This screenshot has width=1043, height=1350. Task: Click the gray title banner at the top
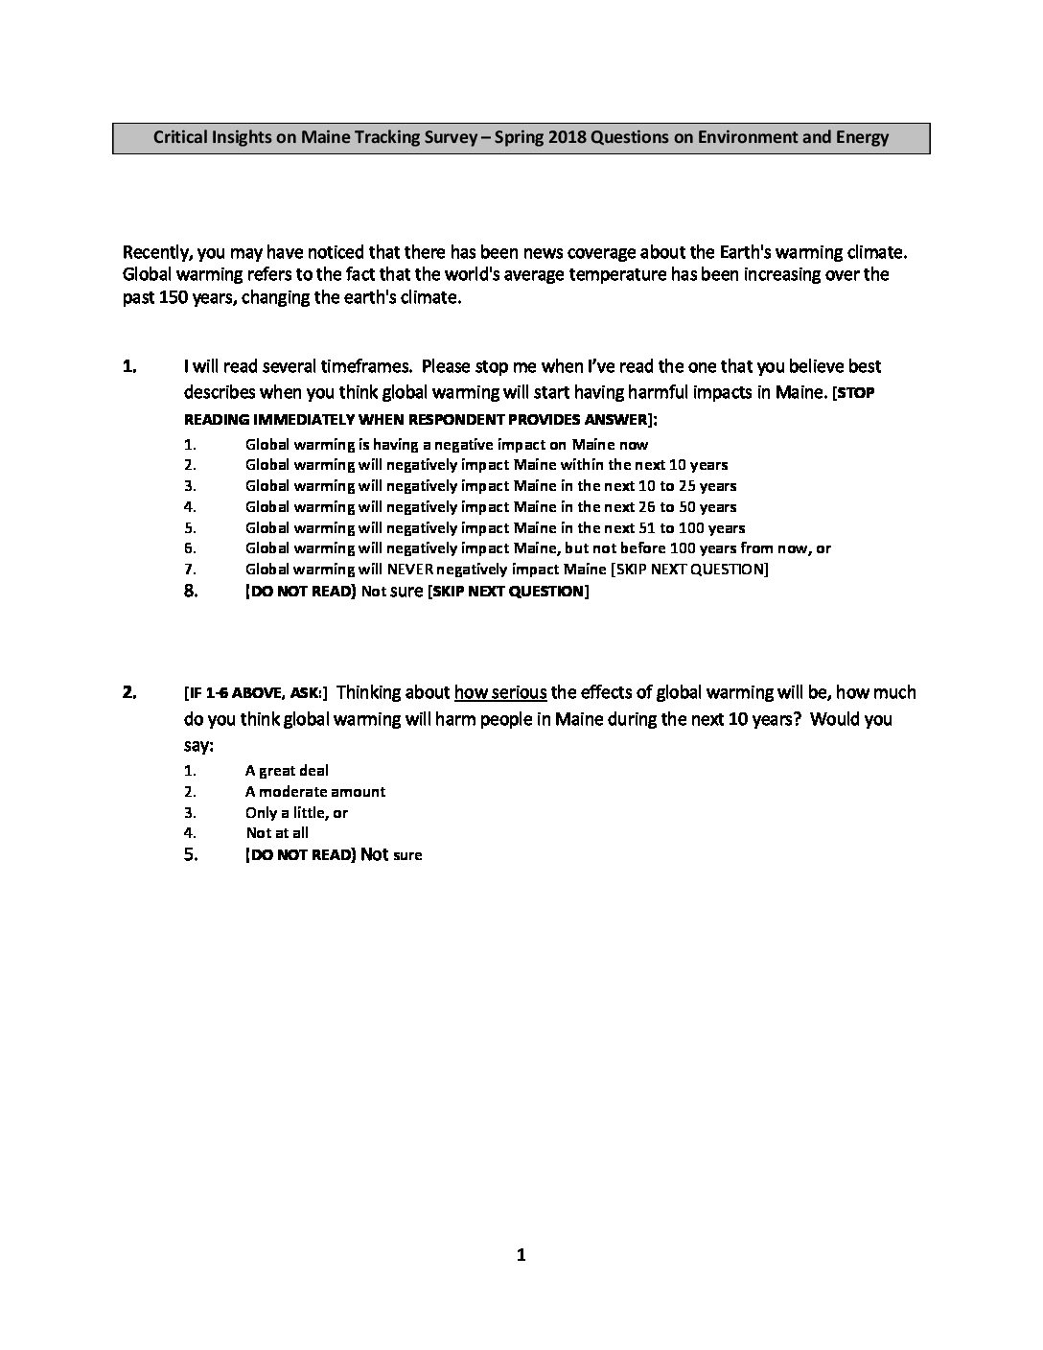click(x=521, y=137)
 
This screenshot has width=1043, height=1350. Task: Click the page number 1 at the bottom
click(x=521, y=1255)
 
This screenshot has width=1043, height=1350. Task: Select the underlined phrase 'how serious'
click(x=499, y=692)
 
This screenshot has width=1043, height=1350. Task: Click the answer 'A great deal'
click(x=287, y=771)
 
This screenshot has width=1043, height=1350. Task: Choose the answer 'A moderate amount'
click(x=315, y=792)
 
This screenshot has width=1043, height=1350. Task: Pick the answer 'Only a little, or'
click(x=296, y=813)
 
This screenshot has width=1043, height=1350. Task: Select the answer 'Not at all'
click(x=277, y=833)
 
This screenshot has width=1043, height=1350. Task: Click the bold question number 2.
click(x=129, y=692)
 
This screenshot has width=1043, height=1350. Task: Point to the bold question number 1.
click(x=129, y=366)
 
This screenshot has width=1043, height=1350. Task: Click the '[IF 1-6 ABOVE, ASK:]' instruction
click(x=255, y=693)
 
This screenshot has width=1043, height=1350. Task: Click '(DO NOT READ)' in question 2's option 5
click(x=301, y=854)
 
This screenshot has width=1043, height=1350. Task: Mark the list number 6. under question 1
click(x=190, y=548)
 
